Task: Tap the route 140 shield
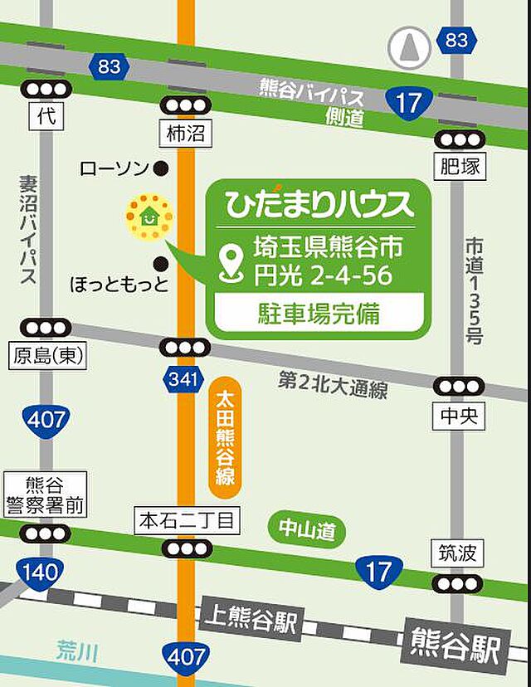tap(39, 572)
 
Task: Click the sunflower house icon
tap(149, 218)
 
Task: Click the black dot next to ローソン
tap(162, 168)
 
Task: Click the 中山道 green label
tap(306, 529)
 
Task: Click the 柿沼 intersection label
tap(184, 133)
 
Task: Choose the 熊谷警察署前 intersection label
tap(44, 495)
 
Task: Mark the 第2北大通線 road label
tap(332, 385)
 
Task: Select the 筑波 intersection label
tap(455, 553)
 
